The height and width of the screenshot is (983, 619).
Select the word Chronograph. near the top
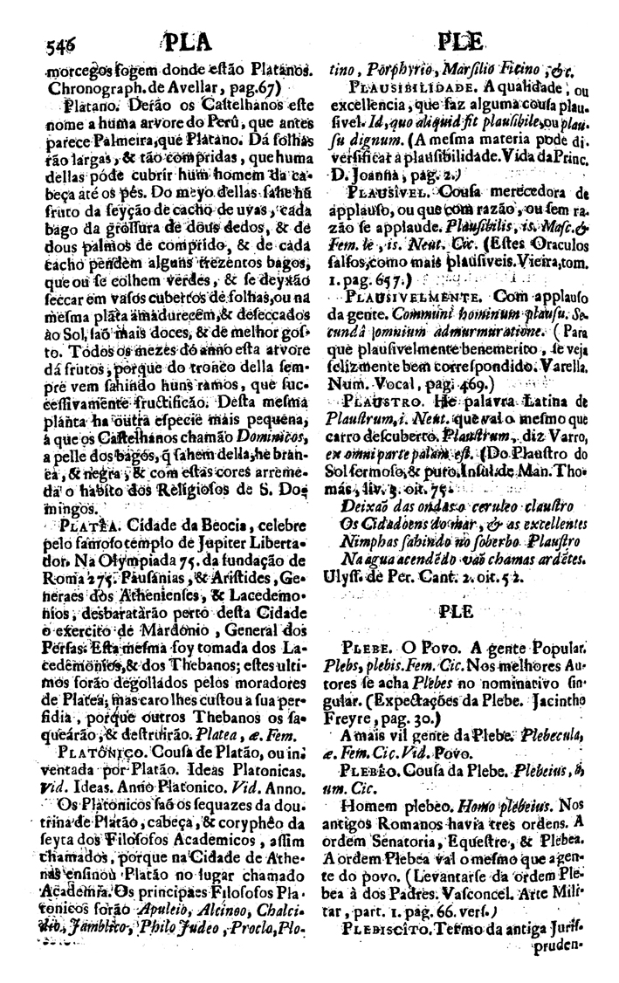pyautogui.click(x=84, y=89)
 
